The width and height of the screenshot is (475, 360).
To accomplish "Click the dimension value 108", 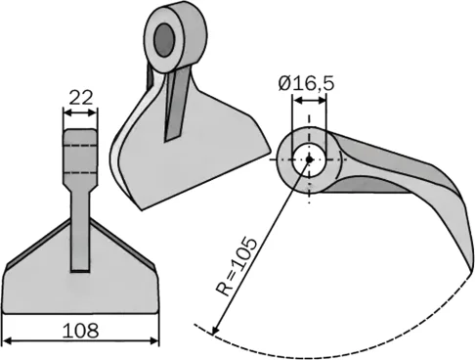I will (x=80, y=331).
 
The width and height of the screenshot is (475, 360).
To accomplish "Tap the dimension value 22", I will (x=80, y=97).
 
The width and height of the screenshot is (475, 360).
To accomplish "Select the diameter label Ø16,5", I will (x=305, y=85).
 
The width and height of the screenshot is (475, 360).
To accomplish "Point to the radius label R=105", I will (x=237, y=265).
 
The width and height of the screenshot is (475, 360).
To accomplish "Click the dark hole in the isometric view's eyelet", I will (x=163, y=39).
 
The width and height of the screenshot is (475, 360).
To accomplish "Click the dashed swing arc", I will (x=323, y=350).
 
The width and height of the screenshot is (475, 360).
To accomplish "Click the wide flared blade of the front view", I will (x=80, y=289).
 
